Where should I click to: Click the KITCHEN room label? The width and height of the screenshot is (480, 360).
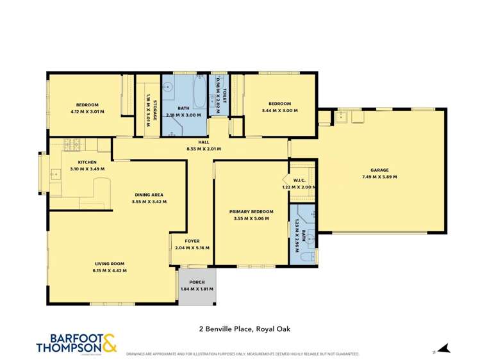87,162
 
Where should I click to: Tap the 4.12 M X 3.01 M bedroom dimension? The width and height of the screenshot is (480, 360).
87,111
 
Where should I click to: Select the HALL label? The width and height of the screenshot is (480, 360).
203,142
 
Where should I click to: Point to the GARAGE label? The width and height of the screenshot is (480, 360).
379,170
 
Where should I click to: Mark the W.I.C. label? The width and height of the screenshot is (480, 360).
299,180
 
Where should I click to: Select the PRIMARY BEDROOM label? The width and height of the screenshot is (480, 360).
251,211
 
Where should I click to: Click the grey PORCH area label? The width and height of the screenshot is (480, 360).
197,282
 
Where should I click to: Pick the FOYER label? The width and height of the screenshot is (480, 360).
193,241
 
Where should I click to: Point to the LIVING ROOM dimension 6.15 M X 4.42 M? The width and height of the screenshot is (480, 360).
110,270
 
